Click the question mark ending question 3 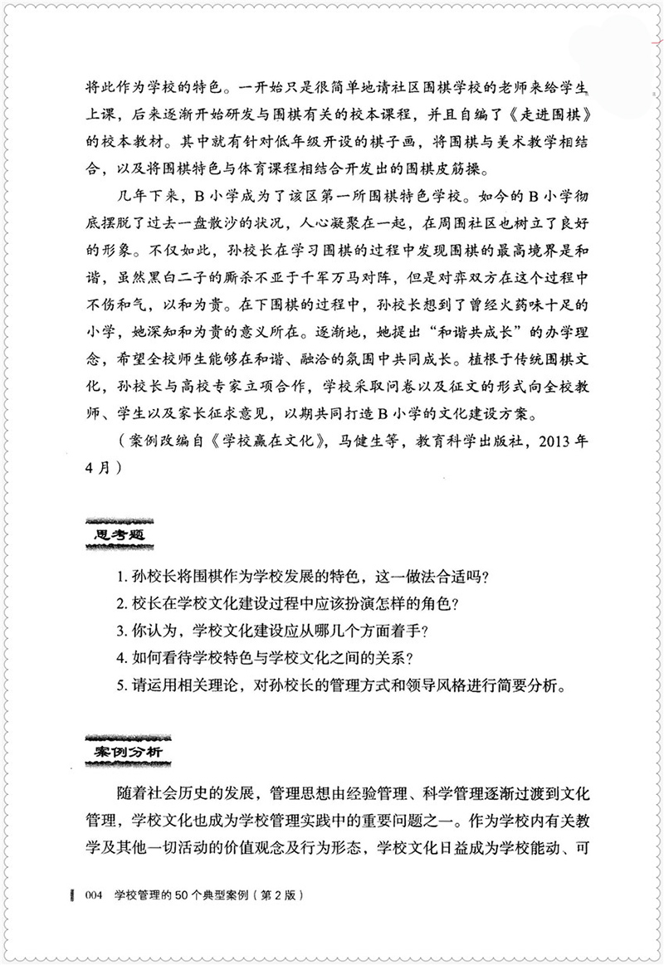(x=424, y=631)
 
